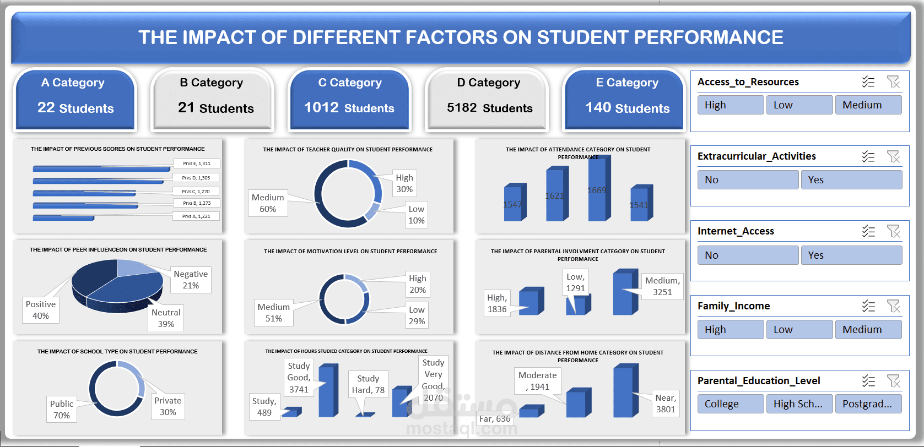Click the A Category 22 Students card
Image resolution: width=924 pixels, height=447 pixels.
pos(75,99)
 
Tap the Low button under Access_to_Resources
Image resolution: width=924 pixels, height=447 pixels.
pos(799,105)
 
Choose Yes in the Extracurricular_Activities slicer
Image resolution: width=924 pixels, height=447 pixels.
pos(851,180)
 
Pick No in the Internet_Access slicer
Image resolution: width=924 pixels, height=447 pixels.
pos(748,255)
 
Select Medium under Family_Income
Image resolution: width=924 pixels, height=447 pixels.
pos(868,330)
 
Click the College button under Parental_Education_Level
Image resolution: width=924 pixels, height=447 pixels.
pos(730,404)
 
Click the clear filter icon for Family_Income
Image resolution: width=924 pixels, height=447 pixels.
pos(893,306)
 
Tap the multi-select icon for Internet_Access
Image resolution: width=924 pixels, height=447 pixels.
pos(868,231)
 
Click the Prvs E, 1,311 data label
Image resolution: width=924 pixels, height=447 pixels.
pos(197,163)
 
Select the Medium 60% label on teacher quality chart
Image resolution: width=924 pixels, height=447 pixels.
pos(268,203)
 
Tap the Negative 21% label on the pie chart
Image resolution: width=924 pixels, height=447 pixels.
pos(191,280)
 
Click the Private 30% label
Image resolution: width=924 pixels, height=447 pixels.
pos(168,406)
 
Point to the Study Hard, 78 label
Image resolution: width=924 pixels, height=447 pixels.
pos(368,384)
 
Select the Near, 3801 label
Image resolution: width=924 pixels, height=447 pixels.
pos(666,404)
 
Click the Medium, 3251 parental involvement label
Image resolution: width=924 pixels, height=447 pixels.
pos(662,286)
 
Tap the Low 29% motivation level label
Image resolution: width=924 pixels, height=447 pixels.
pos(417,315)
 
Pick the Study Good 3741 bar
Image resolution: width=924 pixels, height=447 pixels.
pos(327,391)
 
